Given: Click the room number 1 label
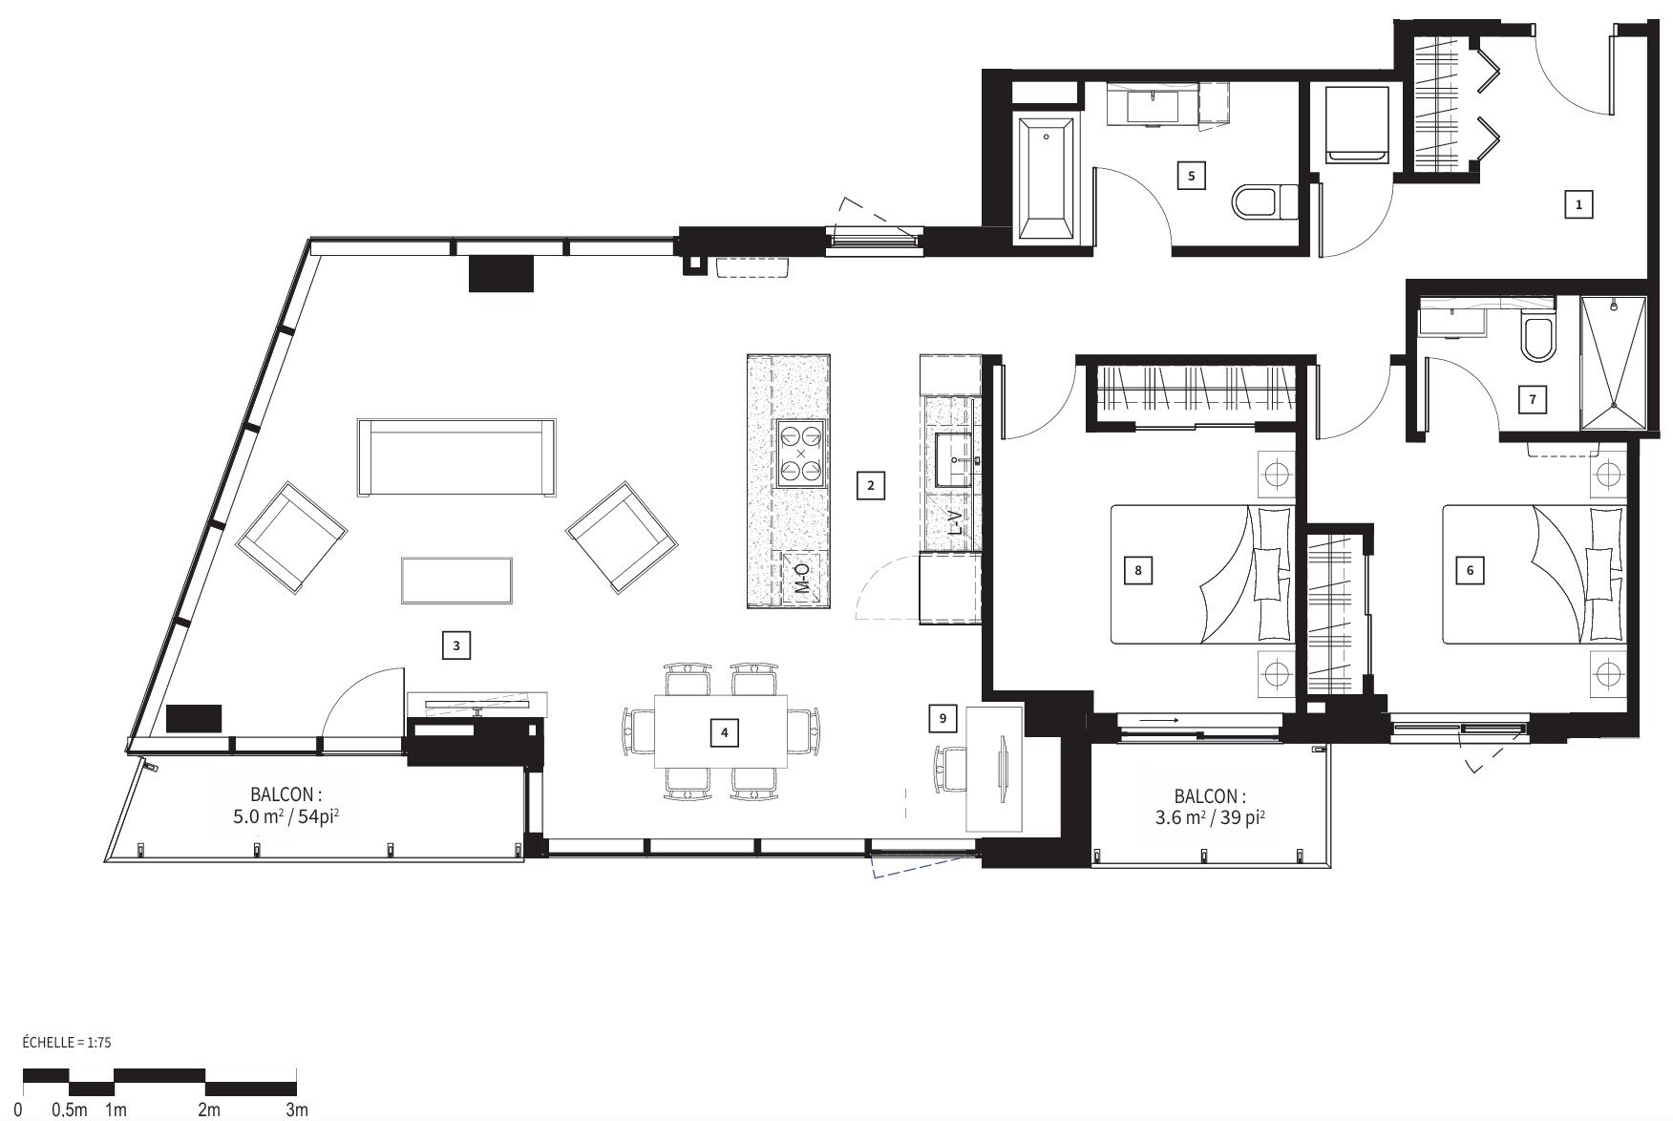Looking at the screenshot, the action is pyautogui.click(x=1578, y=203).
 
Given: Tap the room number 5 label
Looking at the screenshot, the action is pyautogui.click(x=1191, y=176).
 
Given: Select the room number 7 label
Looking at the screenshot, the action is pyautogui.click(x=1533, y=399).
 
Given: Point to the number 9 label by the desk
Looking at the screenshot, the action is pyautogui.click(x=942, y=717).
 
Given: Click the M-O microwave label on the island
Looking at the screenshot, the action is pyautogui.click(x=802, y=579).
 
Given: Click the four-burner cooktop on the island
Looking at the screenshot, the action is pyautogui.click(x=800, y=454).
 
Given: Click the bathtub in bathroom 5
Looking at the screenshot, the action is pyautogui.click(x=1046, y=179).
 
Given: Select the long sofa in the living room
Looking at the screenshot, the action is pyautogui.click(x=456, y=457).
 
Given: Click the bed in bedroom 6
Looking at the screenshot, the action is pyautogui.click(x=1532, y=574).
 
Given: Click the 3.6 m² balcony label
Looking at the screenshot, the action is pyautogui.click(x=1210, y=806).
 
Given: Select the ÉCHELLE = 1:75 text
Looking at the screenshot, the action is pyautogui.click(x=66, y=1043).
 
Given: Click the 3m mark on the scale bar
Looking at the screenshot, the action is pyautogui.click(x=297, y=1110).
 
